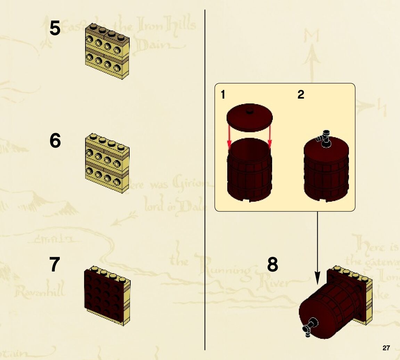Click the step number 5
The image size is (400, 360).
pos(55,28)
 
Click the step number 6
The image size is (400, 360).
pos(55,141)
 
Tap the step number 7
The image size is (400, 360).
pos(55,265)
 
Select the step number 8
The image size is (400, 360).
pos(273,265)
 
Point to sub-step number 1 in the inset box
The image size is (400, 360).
pos(223,94)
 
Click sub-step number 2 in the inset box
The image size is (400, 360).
pos(301,94)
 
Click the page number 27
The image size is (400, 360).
pos(386,348)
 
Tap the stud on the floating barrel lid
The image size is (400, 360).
pos(250,111)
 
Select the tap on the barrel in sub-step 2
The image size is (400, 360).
pos(324,140)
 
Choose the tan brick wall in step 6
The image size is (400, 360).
pos(107,163)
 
